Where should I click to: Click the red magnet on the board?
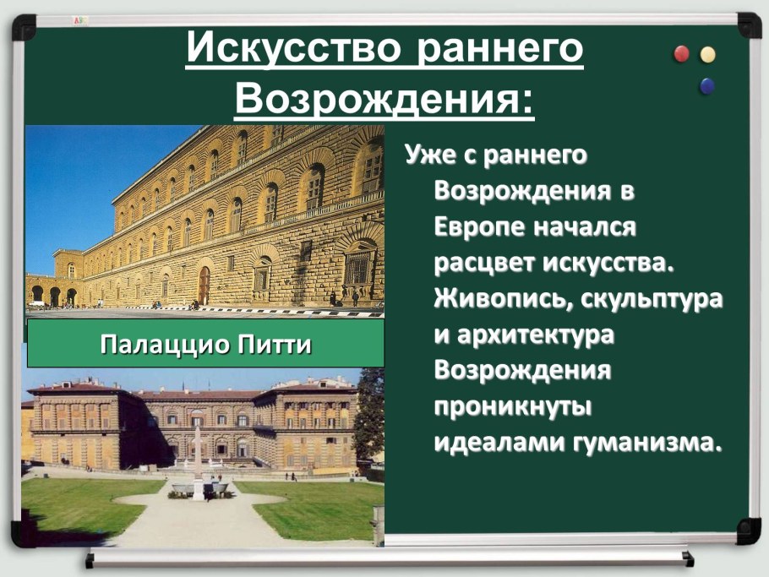point(681,55)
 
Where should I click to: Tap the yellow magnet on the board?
point(707,55)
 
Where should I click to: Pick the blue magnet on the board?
point(706,84)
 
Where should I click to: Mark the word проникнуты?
point(512,406)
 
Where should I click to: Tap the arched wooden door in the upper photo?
point(204,286)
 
